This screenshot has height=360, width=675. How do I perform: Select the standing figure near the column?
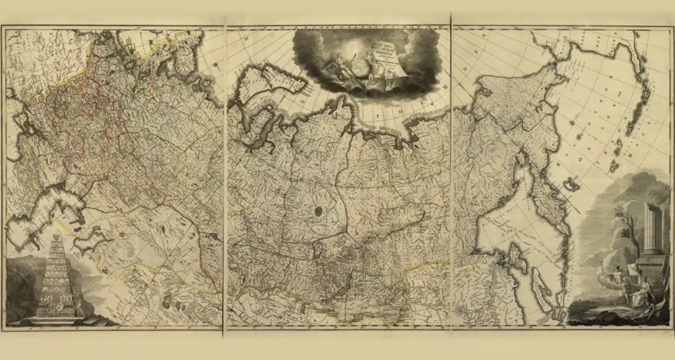coord(619,281)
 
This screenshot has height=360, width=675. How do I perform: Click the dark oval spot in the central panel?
coord(318,213)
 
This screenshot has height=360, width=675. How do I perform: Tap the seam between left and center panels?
coord(225,180)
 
